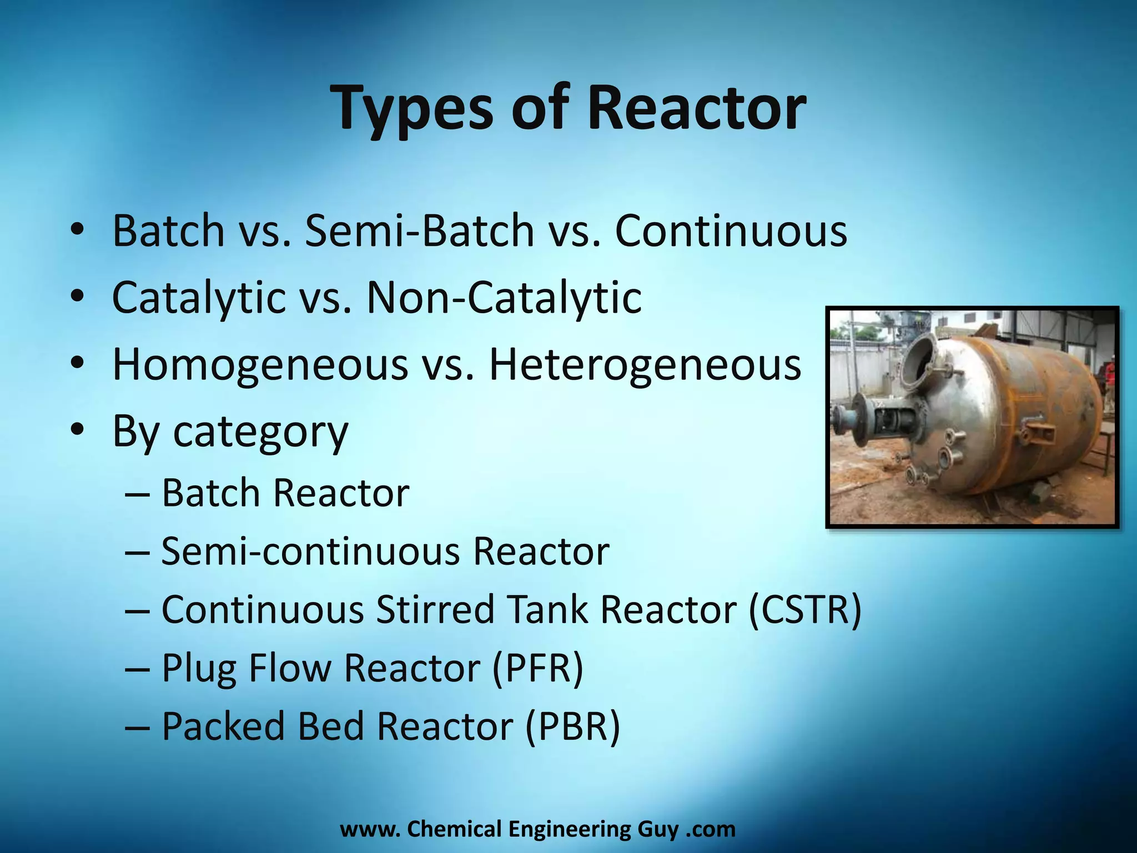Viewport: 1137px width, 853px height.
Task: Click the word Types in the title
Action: pos(411,108)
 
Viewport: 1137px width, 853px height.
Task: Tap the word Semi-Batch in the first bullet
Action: pos(420,230)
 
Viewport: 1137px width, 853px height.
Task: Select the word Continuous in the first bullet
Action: pos(731,230)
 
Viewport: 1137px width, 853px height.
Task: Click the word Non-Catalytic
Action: pos(504,298)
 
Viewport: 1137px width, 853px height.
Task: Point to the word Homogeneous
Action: pos(260,365)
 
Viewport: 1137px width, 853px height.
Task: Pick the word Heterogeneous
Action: pos(645,365)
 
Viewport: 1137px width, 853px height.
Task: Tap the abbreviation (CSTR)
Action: pos(805,610)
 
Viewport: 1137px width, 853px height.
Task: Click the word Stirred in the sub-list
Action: pos(435,610)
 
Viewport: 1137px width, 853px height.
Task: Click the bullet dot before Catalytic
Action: pos(77,297)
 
